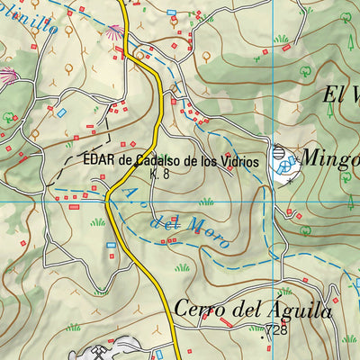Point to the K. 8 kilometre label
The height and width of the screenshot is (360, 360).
click(x=160, y=175)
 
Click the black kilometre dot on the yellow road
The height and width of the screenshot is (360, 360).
click(x=134, y=164)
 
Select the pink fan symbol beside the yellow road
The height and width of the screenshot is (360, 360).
click(x=113, y=31)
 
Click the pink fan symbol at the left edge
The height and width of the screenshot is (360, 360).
click(x=7, y=75)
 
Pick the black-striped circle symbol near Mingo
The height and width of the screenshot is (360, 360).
click(x=278, y=155)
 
